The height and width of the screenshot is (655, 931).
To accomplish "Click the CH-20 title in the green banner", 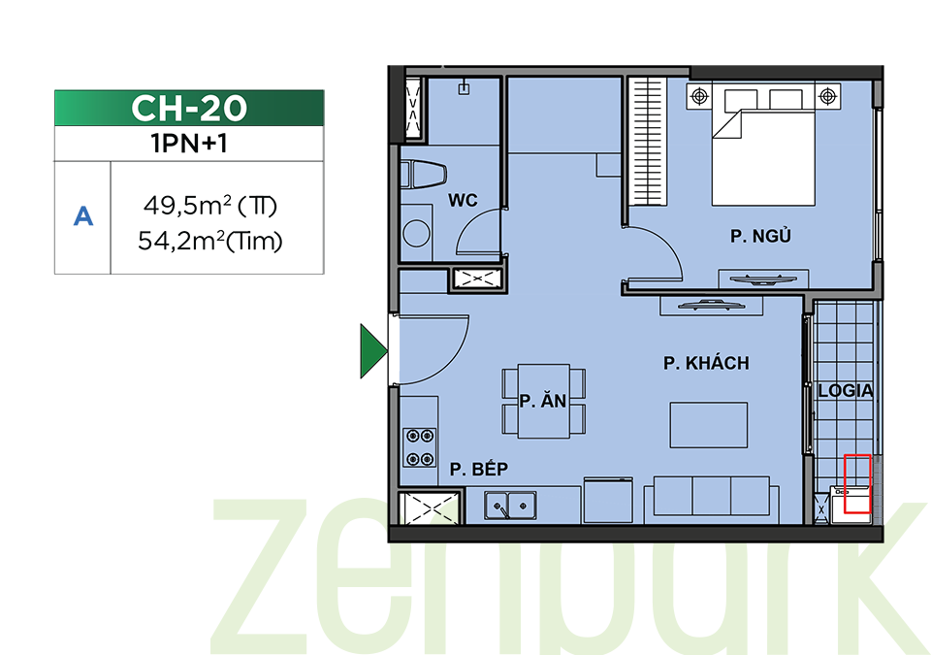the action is [x=189, y=108].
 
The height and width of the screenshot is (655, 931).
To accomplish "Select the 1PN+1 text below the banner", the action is [x=189, y=144].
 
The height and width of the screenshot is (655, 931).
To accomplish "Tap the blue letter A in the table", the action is [x=83, y=216].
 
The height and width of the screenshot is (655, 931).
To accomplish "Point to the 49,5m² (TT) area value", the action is [x=210, y=207].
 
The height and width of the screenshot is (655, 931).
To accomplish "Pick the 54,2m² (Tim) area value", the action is [x=210, y=242].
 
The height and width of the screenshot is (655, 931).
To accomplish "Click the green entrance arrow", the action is [x=372, y=350].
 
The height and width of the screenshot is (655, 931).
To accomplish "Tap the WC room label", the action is [x=463, y=200].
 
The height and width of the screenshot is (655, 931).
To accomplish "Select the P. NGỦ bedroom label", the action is [x=760, y=236].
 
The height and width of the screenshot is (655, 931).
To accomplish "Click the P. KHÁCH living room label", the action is [x=706, y=363].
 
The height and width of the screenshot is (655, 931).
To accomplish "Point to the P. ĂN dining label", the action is [x=543, y=401].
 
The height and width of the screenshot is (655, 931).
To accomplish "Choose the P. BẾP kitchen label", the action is [x=478, y=469].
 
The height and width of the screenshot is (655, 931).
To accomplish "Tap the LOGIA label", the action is [x=845, y=390].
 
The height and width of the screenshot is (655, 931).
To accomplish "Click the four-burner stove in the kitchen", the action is [x=420, y=447].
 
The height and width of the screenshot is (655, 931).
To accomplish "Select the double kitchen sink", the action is [x=510, y=506].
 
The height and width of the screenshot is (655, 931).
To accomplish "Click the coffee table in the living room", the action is [x=708, y=425].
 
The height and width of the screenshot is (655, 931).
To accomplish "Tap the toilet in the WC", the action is [x=424, y=175].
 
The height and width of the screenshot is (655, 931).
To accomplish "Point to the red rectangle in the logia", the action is [x=857, y=484].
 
